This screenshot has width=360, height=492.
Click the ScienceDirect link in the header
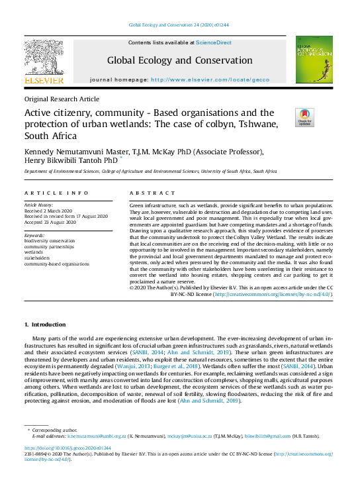pos(213,42)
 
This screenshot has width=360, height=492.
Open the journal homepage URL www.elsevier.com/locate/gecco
pos(210,79)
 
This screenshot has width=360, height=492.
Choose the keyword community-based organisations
pos(56,264)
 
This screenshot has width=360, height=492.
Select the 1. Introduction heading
pos(45,324)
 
